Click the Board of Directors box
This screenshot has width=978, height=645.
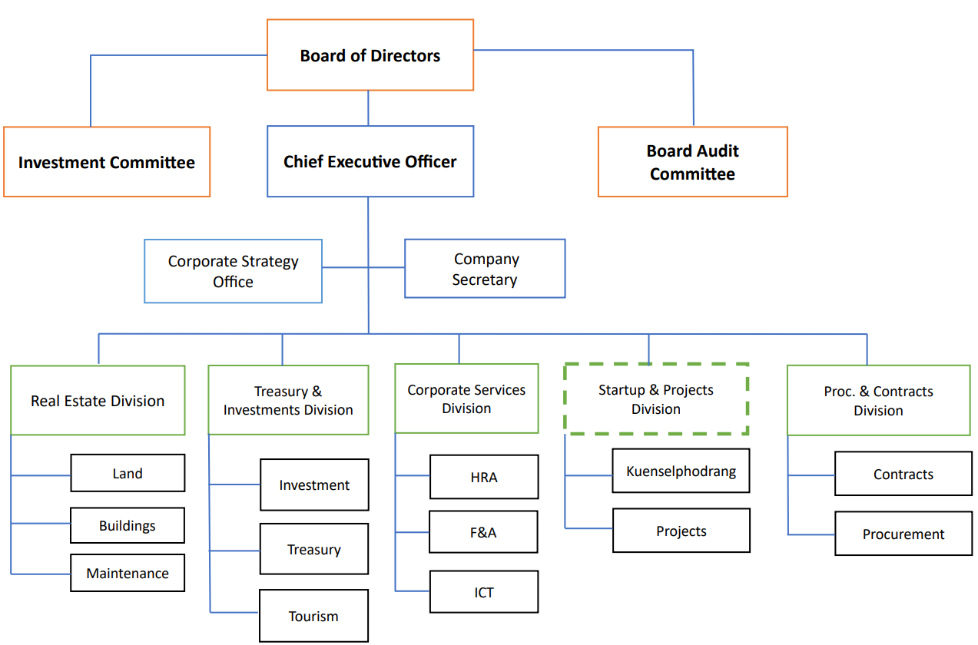(370, 55)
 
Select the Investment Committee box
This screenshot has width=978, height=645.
(107, 162)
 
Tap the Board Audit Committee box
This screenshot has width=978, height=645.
(692, 162)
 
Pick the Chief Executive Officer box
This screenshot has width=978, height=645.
(370, 162)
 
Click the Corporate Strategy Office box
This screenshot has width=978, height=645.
(233, 271)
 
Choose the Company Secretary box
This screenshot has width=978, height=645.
(485, 269)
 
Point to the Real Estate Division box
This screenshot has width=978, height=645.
(98, 401)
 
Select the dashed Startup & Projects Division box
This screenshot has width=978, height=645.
(656, 399)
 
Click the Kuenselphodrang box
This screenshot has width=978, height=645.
(681, 471)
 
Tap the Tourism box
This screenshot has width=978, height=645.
(313, 616)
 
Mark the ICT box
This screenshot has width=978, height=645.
(483, 592)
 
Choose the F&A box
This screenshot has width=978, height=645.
(483, 532)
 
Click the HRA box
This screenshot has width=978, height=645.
(483, 477)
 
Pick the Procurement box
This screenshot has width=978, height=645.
(903, 534)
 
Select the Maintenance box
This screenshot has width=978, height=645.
(128, 573)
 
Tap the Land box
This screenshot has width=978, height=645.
(128, 473)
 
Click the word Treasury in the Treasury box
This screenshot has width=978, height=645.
(313, 550)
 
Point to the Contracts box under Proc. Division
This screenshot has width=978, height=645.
(903, 474)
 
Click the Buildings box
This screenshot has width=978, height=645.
(128, 525)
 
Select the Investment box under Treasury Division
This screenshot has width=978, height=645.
(314, 485)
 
